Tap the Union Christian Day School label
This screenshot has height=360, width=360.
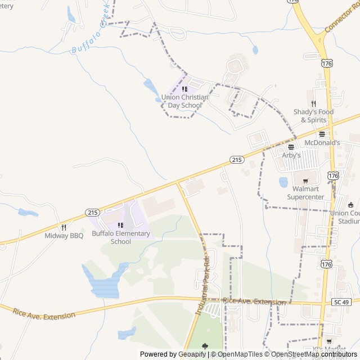coord(184,101)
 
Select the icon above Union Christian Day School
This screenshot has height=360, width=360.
coord(184,89)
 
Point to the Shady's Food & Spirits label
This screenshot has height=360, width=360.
coord(313,116)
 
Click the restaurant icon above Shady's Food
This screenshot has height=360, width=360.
coord(313,103)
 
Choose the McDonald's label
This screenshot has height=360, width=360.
coord(322,143)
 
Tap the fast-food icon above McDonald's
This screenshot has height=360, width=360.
coord(322,134)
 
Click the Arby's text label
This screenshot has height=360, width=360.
coord(291,155)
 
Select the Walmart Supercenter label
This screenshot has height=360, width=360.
coord(305,193)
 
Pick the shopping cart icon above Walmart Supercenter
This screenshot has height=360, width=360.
coord(305,181)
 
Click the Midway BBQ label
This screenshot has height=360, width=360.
coord(64,236)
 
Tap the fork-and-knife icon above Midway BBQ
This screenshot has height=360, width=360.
coord(64,227)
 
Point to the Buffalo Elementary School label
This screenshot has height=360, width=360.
coord(121,237)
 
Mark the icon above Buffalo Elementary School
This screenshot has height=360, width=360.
coord(121,225)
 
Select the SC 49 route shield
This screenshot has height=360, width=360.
coord(345,302)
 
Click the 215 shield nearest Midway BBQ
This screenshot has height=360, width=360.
coord(93,212)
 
